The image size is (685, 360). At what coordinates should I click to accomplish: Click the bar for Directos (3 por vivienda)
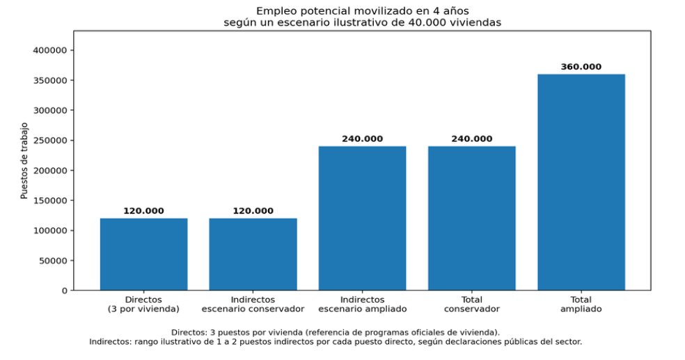coord(143,254)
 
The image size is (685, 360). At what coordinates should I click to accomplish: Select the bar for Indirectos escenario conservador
coord(253,254)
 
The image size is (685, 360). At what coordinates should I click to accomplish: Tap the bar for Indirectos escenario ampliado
coord(362,218)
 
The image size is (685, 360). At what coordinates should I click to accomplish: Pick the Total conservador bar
coord(471,218)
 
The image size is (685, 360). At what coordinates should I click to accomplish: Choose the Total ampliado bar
coord(581,182)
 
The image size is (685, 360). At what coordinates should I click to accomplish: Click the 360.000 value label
coord(581,67)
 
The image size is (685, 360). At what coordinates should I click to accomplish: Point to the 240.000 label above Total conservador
coord(471,139)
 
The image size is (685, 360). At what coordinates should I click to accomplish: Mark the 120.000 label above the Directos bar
coord(143,211)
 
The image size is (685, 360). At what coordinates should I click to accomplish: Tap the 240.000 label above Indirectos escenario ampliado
coord(362,139)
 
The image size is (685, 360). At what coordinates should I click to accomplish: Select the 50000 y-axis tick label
coord(53,260)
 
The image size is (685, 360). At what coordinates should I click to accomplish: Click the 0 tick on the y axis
coord(63,290)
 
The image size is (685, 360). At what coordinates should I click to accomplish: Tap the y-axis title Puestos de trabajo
coord(24,160)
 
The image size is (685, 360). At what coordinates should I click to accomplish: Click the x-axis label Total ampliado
coord(581,304)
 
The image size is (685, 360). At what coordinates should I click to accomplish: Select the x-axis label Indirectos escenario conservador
coord(253,304)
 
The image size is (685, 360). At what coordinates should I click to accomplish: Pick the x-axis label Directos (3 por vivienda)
coord(143,304)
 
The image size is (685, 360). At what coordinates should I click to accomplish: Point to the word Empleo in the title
coord(274,10)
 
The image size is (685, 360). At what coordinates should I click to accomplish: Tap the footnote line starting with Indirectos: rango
coord(336,342)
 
